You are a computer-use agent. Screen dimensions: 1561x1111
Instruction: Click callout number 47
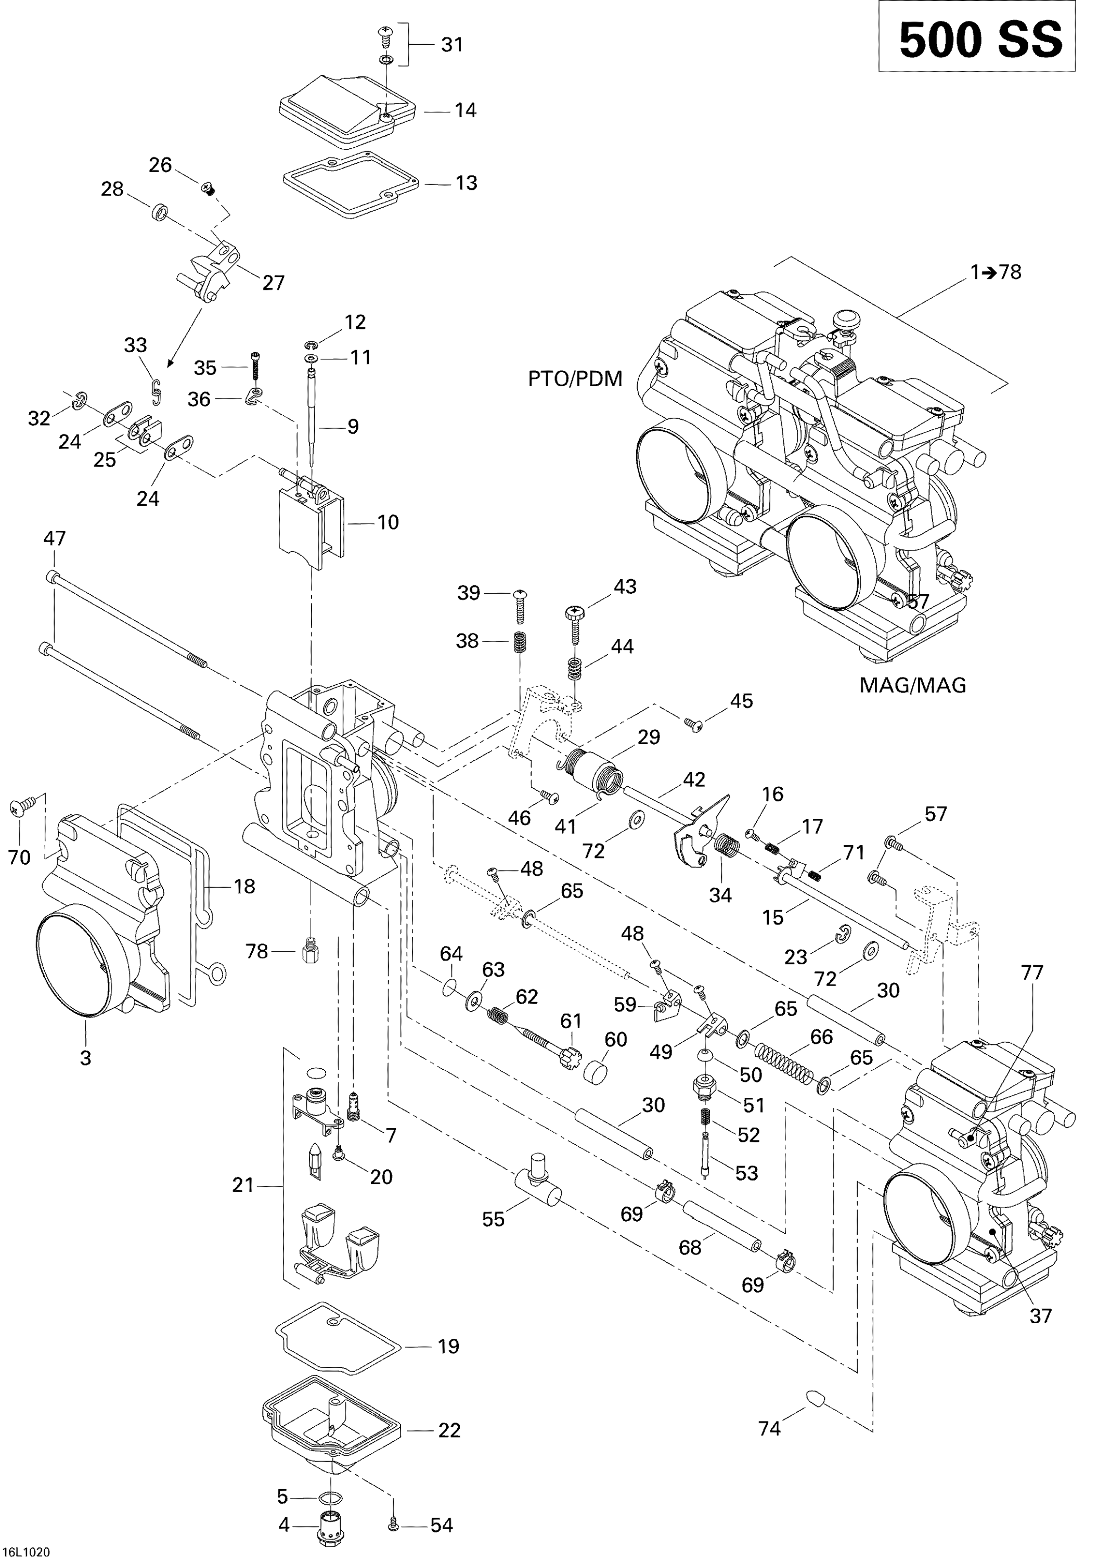pos(54,539)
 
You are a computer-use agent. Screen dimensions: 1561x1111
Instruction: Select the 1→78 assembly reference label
pos(996,272)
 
